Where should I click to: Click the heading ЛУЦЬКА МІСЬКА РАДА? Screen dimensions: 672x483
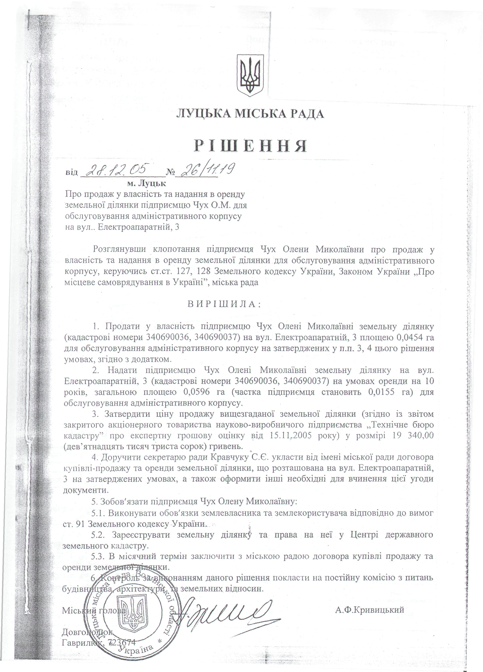click(250, 114)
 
